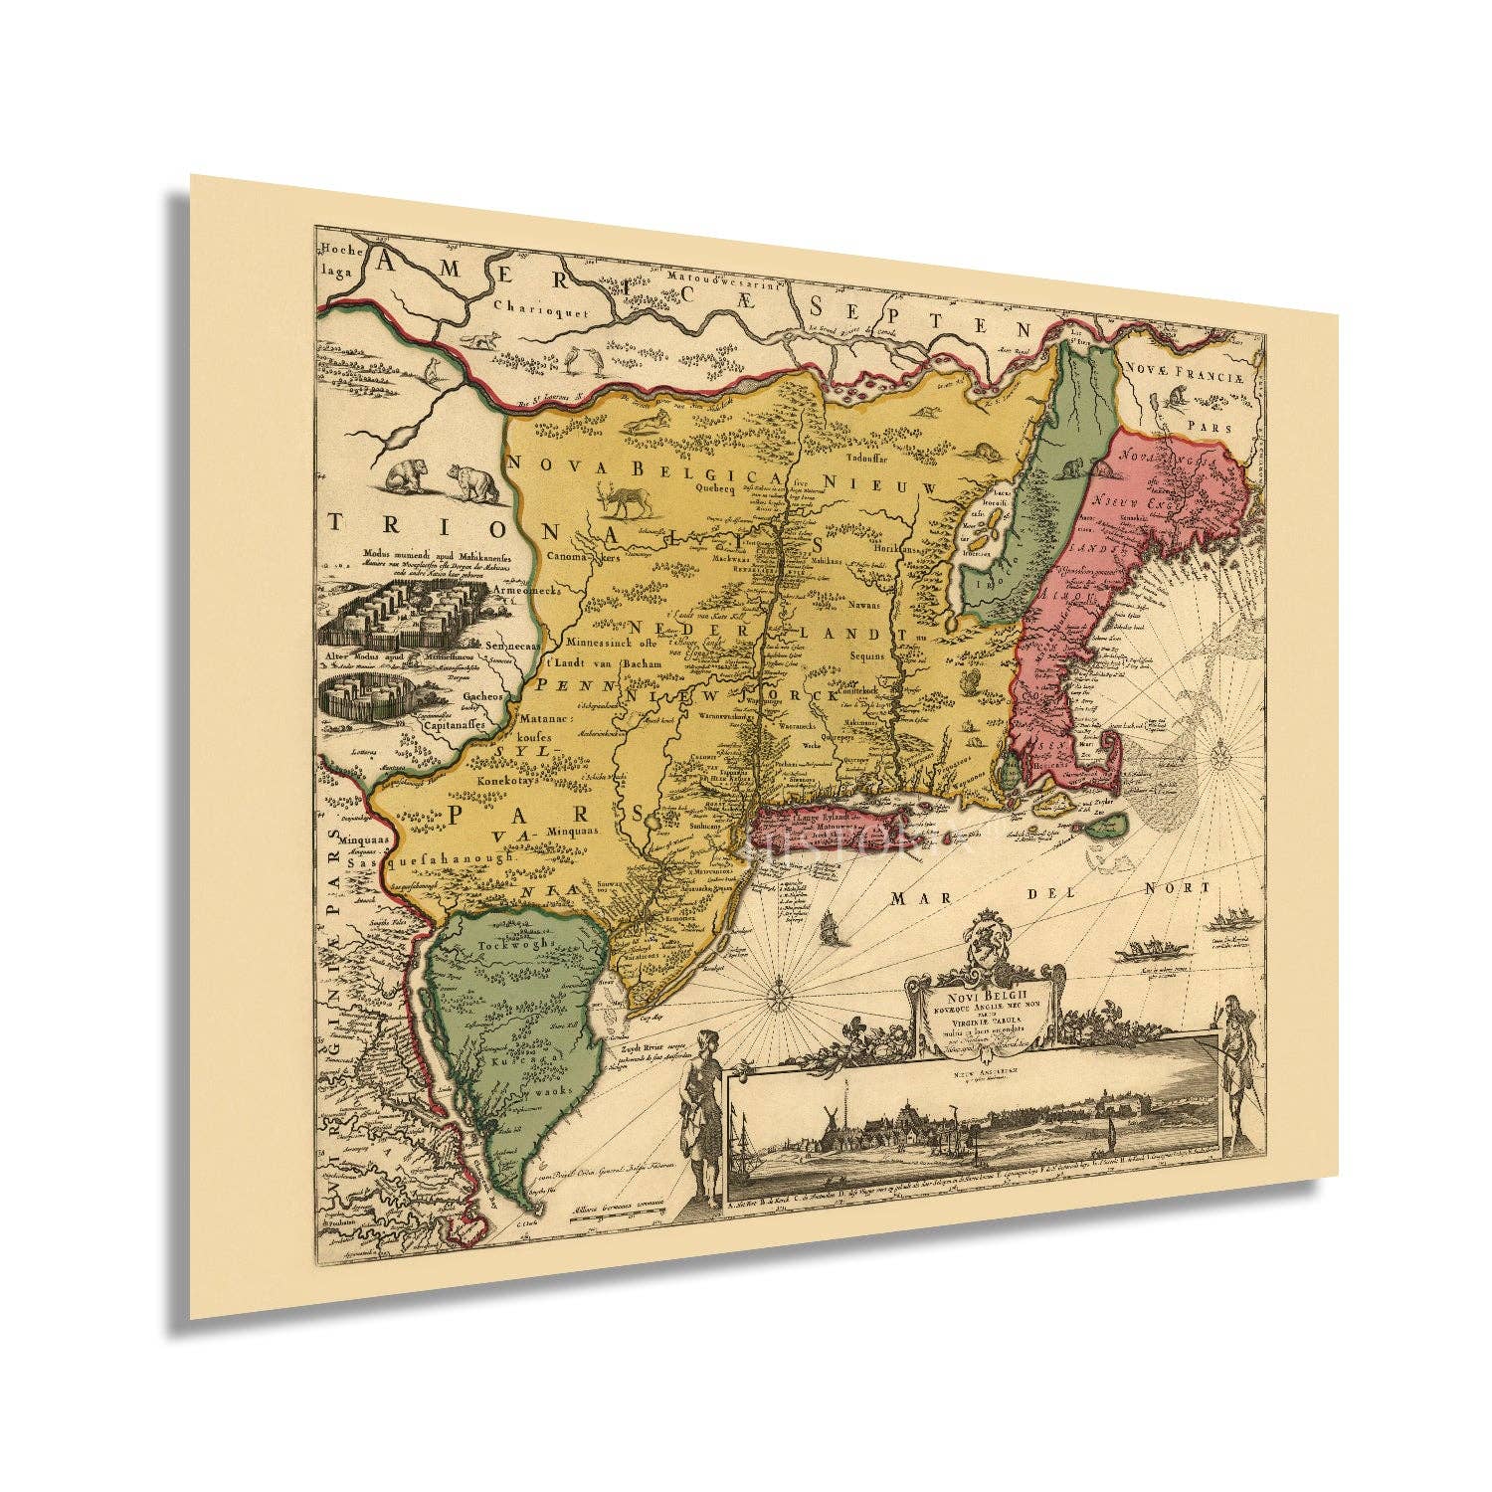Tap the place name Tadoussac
coord(869,459)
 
